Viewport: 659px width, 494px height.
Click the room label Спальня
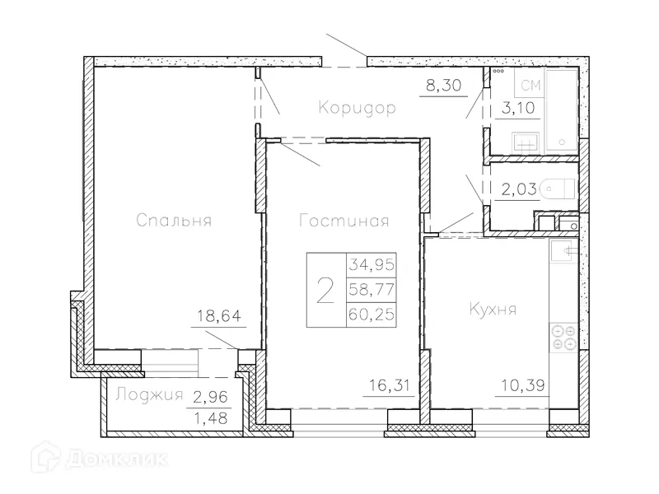pyautogui.click(x=175, y=221)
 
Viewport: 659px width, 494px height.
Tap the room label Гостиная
pyautogui.click(x=344, y=221)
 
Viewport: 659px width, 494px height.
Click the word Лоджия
pyautogui.click(x=148, y=394)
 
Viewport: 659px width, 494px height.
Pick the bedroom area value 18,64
pyautogui.click(x=213, y=314)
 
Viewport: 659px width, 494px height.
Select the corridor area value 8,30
pyautogui.click(x=443, y=84)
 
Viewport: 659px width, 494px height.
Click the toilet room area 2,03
pyautogui.click(x=519, y=189)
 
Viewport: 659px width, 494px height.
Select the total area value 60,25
pyautogui.click(x=372, y=314)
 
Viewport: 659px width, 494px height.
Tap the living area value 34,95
pyautogui.click(x=372, y=266)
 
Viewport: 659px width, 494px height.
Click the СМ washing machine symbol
pyautogui.click(x=530, y=83)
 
